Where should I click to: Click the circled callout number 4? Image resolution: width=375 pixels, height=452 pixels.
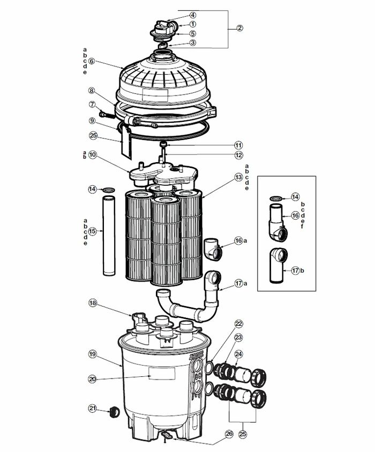coord(178,15)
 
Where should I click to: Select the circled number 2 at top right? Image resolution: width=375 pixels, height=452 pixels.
coord(239,28)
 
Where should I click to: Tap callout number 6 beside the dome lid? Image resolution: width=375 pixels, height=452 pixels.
coord(92,61)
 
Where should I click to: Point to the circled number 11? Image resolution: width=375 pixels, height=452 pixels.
coord(238,145)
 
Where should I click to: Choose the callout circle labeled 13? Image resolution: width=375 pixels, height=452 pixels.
coord(238,176)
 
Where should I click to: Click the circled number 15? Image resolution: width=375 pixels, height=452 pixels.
coord(92,231)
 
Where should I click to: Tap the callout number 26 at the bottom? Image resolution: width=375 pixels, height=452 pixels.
coord(229,434)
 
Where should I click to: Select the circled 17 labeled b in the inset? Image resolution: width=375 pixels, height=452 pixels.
coord(295,271)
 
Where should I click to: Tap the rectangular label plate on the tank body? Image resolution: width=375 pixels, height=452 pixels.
coord(161,374)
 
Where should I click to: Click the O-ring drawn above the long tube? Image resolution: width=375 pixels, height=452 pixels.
coord(108,190)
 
